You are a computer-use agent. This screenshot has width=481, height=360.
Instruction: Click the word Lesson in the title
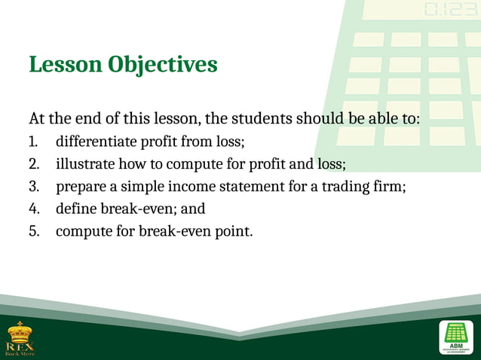pos(65,65)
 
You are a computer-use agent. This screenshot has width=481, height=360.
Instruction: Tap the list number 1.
pos(33,142)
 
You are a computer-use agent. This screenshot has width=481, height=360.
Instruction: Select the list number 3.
pos(33,186)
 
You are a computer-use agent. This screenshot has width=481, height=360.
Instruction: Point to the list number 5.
pos(33,230)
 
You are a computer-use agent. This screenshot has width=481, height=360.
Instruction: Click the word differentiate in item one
pos(94,142)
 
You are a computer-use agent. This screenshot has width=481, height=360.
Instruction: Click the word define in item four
pos(78,209)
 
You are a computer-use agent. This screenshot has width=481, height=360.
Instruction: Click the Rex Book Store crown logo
pos(20,336)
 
